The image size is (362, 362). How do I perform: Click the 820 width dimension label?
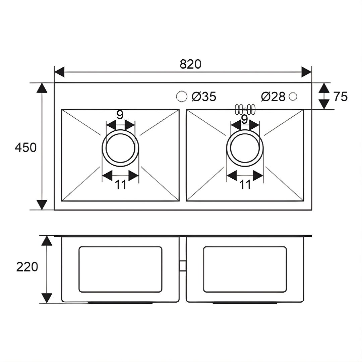(190, 64)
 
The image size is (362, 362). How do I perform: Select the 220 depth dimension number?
(27, 267)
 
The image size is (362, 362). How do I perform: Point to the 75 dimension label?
(340, 97)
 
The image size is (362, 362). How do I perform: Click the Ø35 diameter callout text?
(204, 97)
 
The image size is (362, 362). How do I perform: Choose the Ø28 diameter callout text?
(274, 97)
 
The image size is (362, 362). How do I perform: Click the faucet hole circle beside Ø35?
(181, 96)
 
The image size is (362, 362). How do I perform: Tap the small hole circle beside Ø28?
(293, 96)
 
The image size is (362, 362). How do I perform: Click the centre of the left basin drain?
(121, 148)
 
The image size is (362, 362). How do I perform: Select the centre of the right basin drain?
(245, 148)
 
